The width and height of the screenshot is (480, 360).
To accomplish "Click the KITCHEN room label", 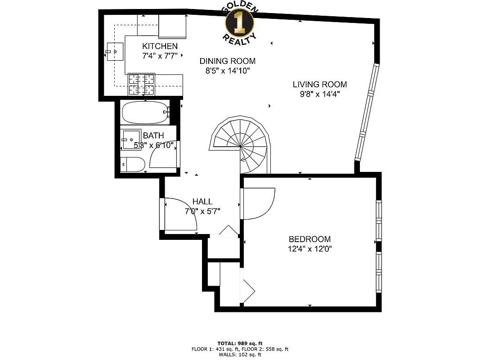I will (160, 46).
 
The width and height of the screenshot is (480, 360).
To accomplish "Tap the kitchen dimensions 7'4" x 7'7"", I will (160, 55).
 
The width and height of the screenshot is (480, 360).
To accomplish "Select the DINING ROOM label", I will (228, 61).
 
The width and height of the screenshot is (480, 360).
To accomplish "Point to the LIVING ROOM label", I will (319, 84).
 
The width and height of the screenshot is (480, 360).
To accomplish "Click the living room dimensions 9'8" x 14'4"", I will (319, 94).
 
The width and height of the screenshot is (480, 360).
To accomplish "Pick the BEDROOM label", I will (310, 239).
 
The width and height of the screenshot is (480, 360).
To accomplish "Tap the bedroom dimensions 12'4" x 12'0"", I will (310, 249).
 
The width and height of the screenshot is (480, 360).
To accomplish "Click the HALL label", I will (202, 202).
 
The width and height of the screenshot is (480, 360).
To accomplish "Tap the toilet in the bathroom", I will (132, 165).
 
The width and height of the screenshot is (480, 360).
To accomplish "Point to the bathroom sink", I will (130, 140).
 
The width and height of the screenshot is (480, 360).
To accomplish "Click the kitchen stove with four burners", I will (142, 85).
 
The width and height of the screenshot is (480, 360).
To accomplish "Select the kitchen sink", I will (115, 52).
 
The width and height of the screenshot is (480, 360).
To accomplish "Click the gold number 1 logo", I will (239, 21).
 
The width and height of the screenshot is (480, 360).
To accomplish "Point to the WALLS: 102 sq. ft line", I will (240, 355).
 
